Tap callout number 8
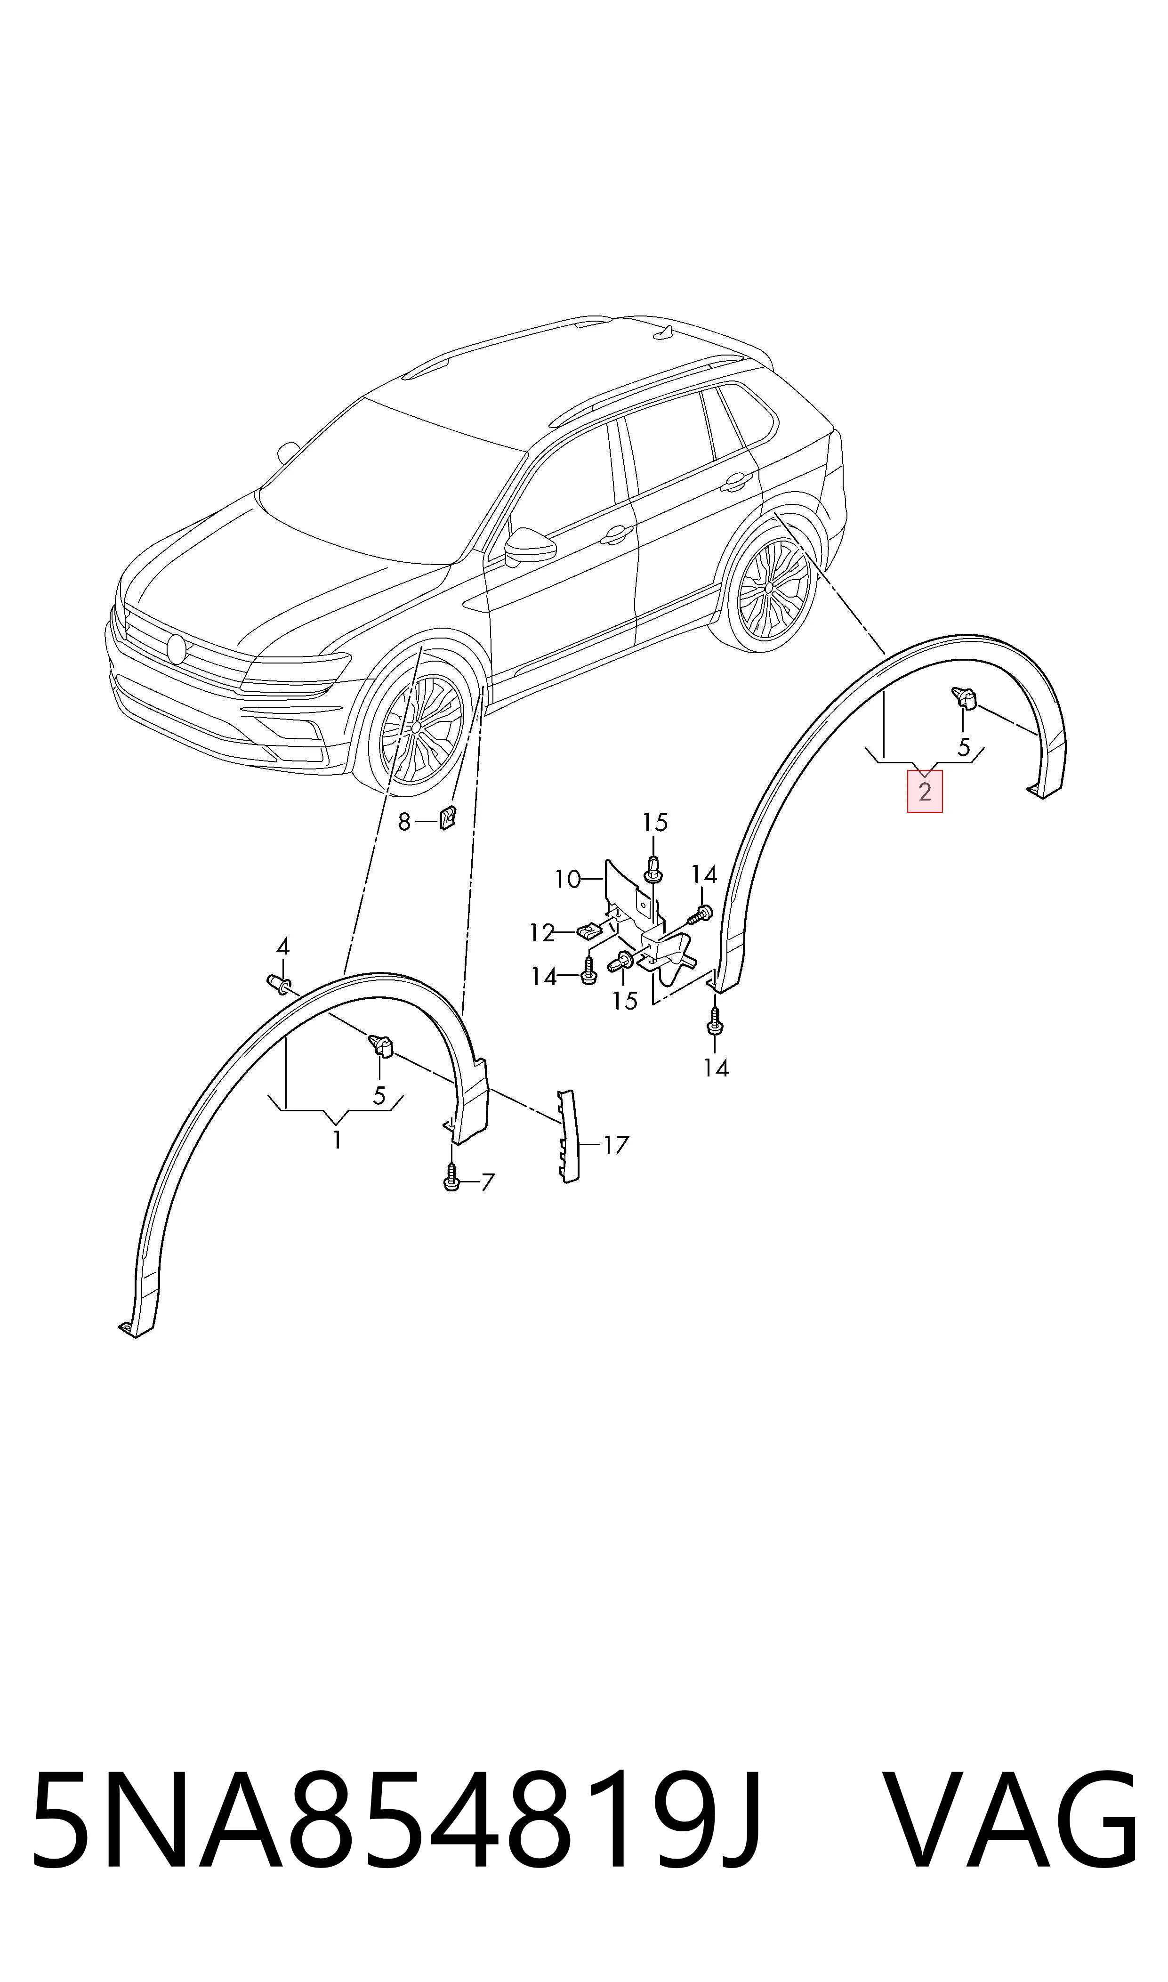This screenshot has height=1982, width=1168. (x=404, y=823)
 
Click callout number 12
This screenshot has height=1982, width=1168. (x=542, y=933)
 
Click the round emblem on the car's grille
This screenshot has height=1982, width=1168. (x=176, y=648)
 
